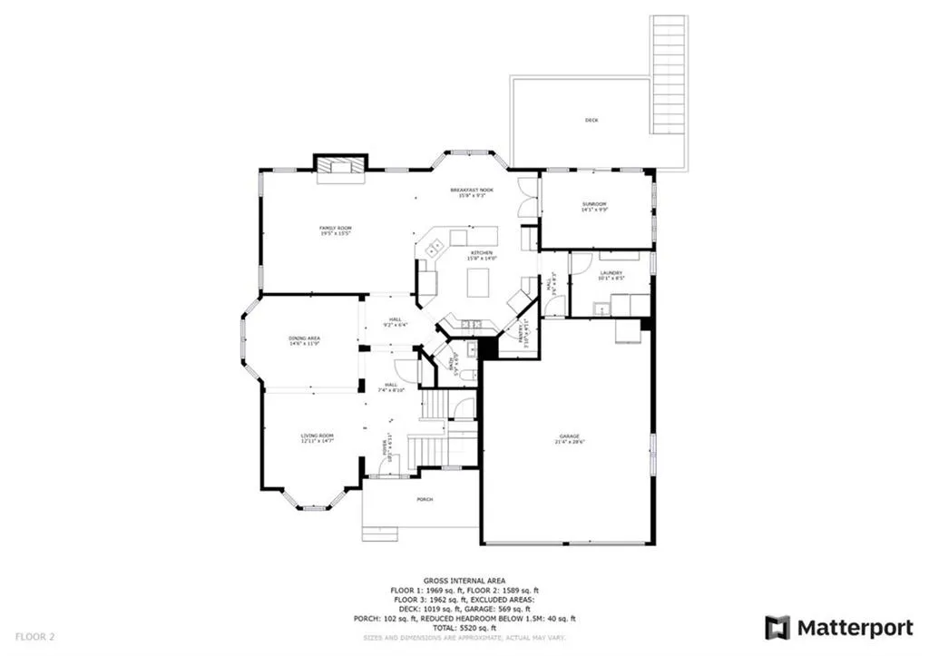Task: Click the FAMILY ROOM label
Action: point(335,227)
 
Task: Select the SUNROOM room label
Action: point(594,203)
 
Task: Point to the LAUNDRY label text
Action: point(610,272)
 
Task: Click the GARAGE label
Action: point(569,436)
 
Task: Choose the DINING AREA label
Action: point(305,338)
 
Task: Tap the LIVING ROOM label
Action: point(318,436)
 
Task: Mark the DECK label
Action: point(592,120)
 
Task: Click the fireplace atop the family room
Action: point(340,165)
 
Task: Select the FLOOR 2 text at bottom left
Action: point(34,637)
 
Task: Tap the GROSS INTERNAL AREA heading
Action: point(464,580)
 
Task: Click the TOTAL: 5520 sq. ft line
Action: point(464,628)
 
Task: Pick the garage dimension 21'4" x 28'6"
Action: point(569,443)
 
